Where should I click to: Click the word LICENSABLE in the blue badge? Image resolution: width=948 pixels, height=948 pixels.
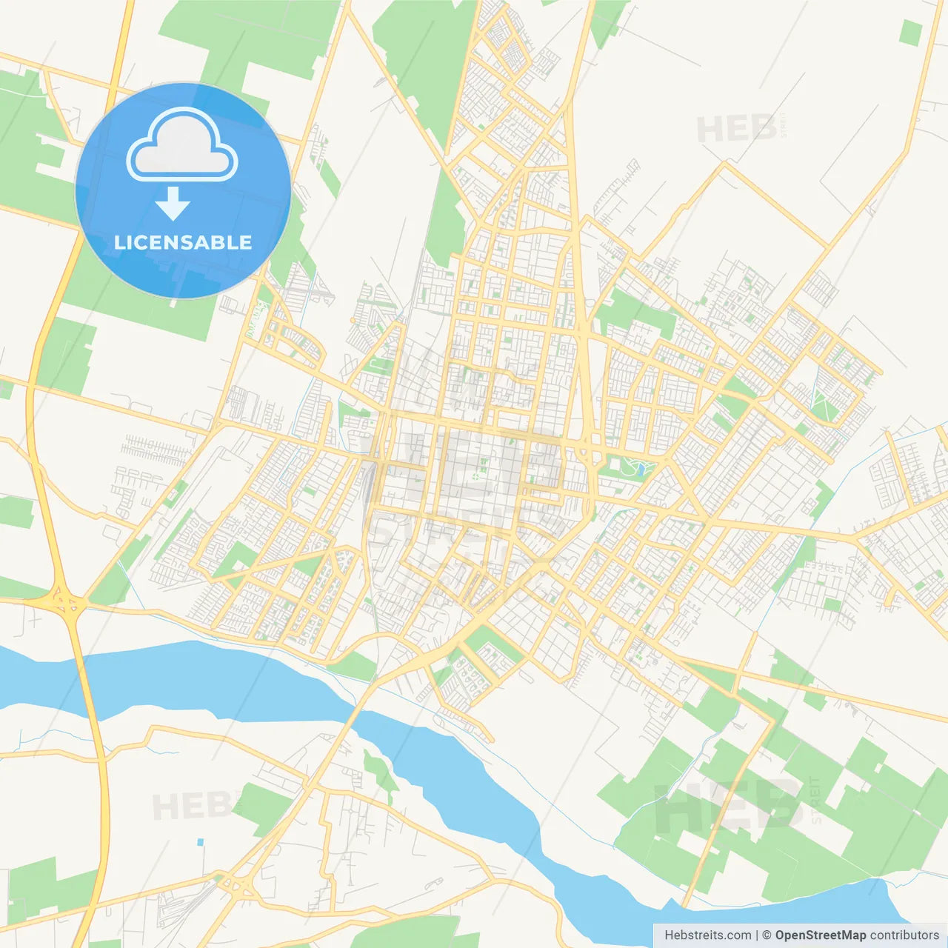183,242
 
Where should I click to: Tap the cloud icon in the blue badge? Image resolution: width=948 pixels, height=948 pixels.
182,145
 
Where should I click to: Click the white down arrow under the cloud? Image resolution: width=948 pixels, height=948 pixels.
173,203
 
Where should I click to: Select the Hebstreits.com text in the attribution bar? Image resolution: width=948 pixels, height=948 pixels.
707,935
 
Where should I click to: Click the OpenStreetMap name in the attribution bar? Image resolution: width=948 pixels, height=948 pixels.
820,935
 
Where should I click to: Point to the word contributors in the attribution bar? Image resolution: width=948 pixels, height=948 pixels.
904,935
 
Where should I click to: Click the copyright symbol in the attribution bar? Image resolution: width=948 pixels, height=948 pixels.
767,935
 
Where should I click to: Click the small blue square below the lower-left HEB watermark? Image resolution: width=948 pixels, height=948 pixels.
200,843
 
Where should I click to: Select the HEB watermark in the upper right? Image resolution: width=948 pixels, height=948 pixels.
737,130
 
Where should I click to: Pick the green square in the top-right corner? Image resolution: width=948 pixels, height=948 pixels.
910,33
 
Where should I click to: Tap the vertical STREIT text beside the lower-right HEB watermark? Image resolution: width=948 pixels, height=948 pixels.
816,800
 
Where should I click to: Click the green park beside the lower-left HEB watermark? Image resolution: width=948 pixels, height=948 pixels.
263,807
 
